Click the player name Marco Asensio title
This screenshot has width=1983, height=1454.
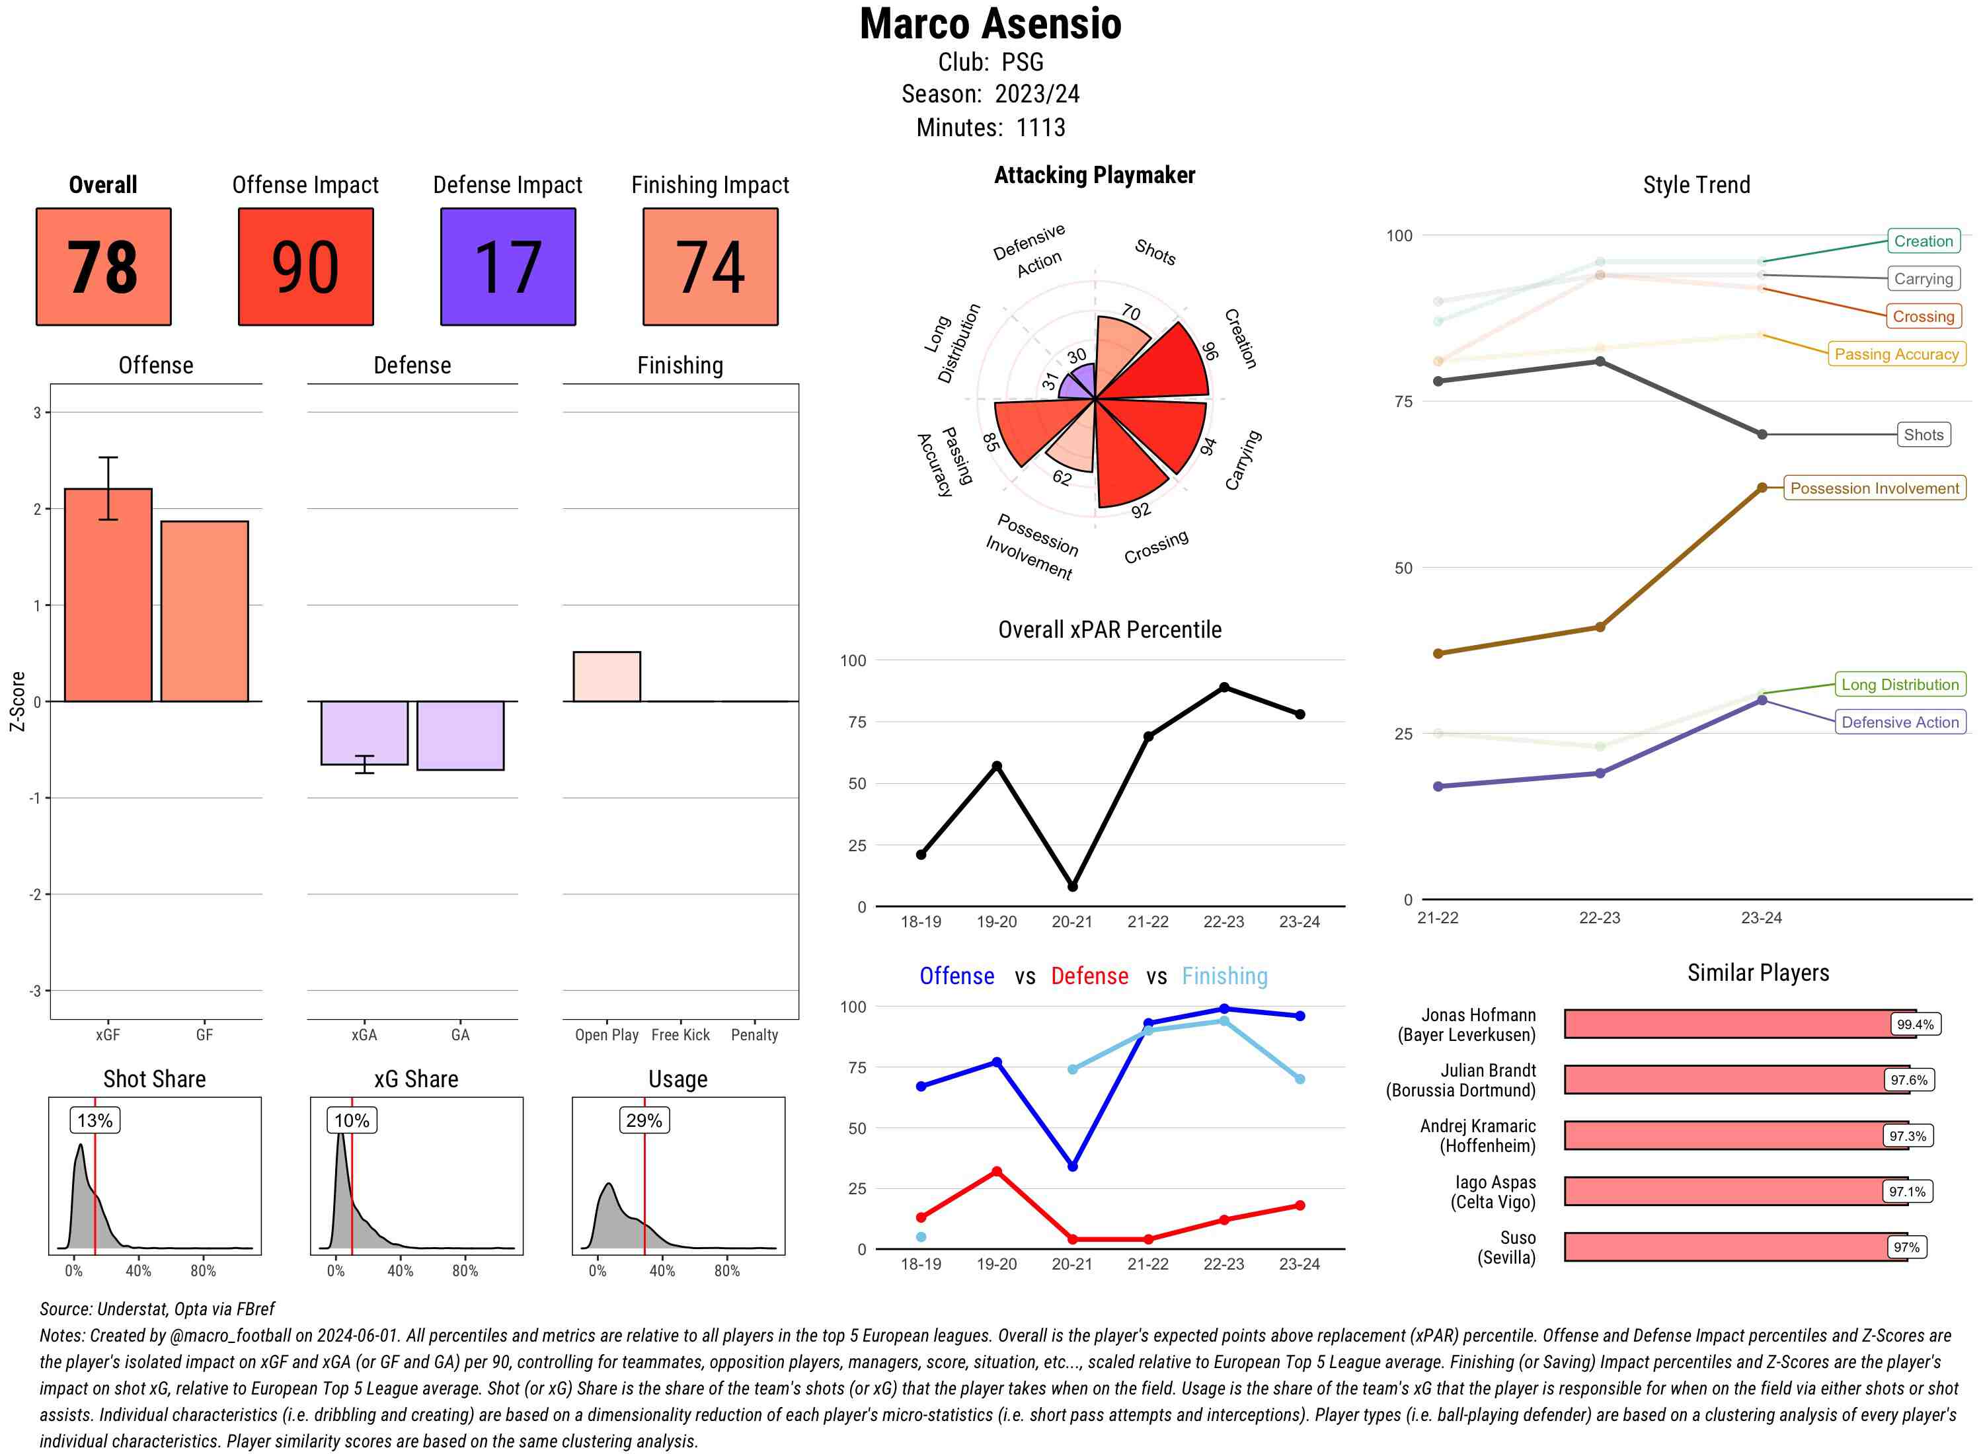pos(990,24)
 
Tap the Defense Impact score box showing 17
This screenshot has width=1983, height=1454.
pos(508,267)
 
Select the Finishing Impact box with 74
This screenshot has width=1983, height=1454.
pos(711,267)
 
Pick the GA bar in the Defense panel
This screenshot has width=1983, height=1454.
pos(460,735)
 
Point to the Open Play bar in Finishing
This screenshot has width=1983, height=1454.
pos(606,677)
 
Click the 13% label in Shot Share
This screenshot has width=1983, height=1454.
pos(95,1120)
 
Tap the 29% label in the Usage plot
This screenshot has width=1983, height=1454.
pos(644,1120)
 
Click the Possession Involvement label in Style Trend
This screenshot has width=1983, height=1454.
pos(1874,488)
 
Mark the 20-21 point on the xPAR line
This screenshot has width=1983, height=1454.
pos(1072,886)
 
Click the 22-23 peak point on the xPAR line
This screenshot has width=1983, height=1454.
pos(1224,687)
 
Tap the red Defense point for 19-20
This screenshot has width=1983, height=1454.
pos(996,1172)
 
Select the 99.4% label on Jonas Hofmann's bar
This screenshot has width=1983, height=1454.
pos(1914,1024)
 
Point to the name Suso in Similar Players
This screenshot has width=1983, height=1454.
pos(1518,1237)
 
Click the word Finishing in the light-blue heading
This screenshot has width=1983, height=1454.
pos(1224,976)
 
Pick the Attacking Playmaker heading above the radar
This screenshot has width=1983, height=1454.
pos(1094,175)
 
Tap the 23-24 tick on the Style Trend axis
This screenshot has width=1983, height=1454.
pos(1761,918)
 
